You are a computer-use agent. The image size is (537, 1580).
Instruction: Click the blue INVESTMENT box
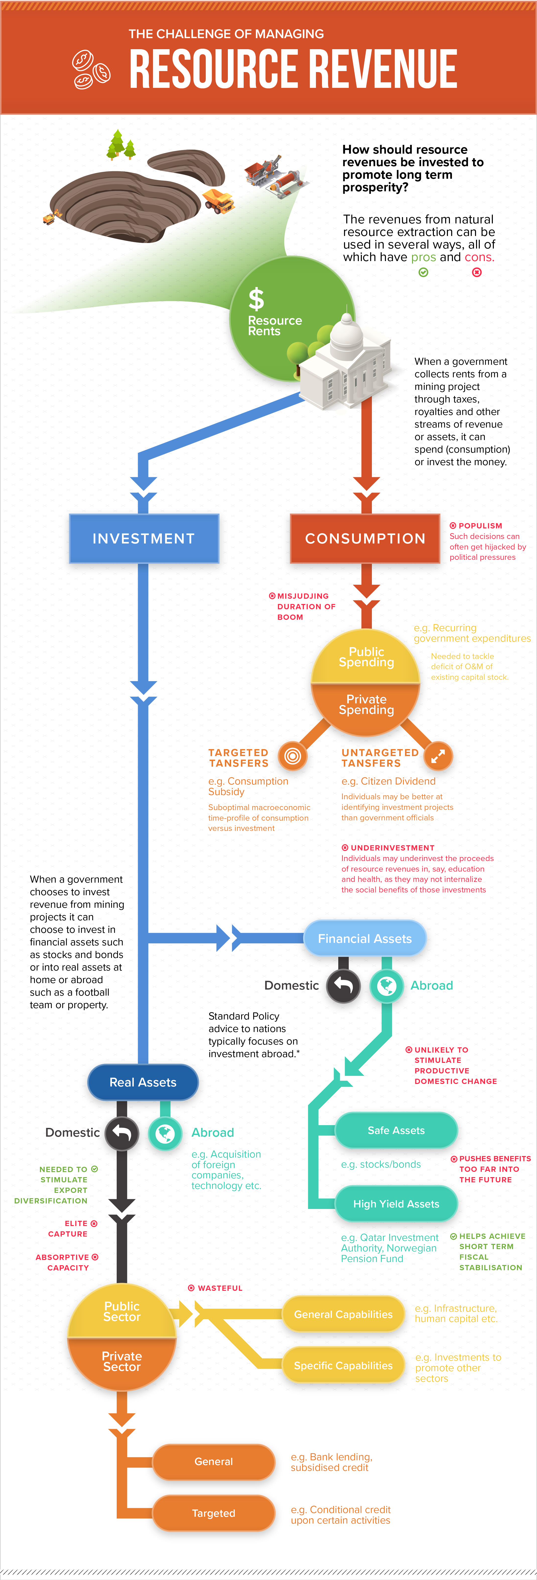coord(144,538)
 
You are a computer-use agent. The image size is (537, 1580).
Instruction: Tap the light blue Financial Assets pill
coord(365,938)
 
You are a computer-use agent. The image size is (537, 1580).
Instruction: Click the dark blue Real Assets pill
coord(143,1082)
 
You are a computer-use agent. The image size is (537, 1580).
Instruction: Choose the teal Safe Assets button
coord(396,1130)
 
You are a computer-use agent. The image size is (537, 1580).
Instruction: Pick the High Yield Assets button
coord(396,1203)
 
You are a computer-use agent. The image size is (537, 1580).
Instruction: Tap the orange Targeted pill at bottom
coord(213,1513)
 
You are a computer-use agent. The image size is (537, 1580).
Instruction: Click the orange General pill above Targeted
coord(213,1462)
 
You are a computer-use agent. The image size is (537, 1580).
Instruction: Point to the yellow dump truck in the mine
coord(219,201)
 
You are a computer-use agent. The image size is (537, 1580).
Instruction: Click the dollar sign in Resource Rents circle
coord(256,299)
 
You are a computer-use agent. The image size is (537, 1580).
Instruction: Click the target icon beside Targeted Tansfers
coord(292,756)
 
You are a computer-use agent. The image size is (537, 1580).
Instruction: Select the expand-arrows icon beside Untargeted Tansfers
coord(438,756)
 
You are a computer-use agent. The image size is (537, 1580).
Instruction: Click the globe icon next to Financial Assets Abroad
coord(386,986)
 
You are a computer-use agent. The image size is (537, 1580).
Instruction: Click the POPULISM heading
coord(480,526)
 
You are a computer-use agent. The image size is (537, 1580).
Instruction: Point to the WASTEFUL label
coord(220,1288)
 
